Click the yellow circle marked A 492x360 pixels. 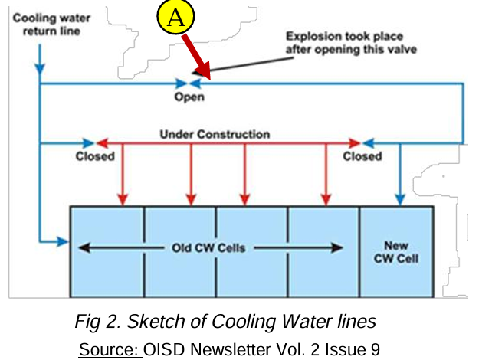(175, 19)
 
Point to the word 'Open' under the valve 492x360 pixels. (189, 97)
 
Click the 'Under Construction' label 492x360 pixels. (215, 134)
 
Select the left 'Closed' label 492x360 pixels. (95, 156)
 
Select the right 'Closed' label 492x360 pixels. (362, 156)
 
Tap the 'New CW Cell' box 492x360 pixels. (397, 250)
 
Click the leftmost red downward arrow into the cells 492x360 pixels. (120, 175)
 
